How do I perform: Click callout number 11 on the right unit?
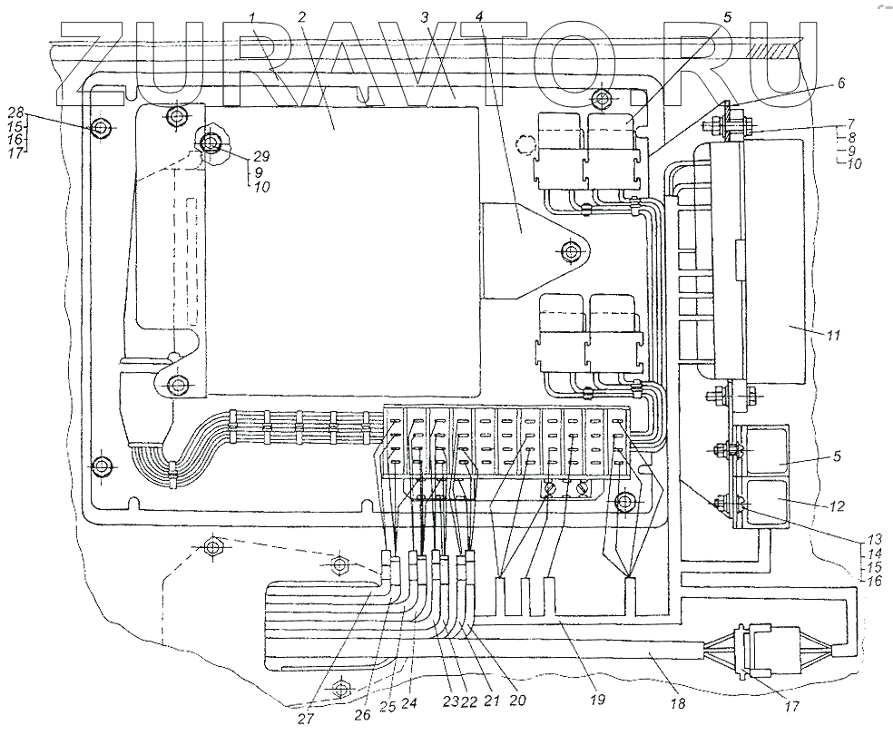pos(834,335)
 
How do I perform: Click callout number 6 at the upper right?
pos(840,83)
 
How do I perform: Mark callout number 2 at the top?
pos(302,17)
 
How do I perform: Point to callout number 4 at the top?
pos(478,17)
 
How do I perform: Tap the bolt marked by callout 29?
pos(211,143)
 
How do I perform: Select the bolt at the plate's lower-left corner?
pos(102,466)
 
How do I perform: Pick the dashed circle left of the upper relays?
pos(525,144)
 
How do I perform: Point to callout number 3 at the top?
pos(424,17)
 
